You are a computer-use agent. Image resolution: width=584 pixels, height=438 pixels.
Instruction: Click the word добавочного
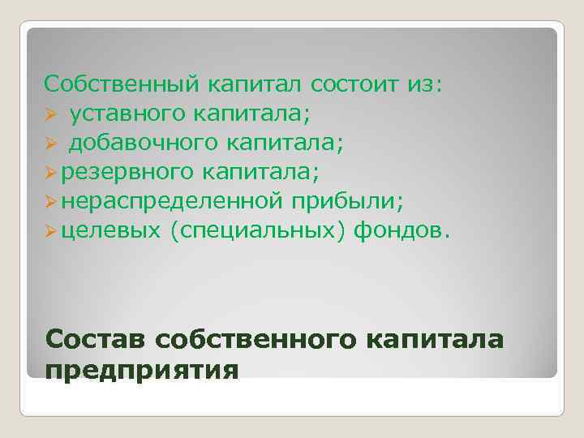tap(142, 144)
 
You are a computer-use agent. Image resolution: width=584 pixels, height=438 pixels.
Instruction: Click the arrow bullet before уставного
tap(50, 115)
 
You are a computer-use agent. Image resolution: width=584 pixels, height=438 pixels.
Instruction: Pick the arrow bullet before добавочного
tap(50, 144)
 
